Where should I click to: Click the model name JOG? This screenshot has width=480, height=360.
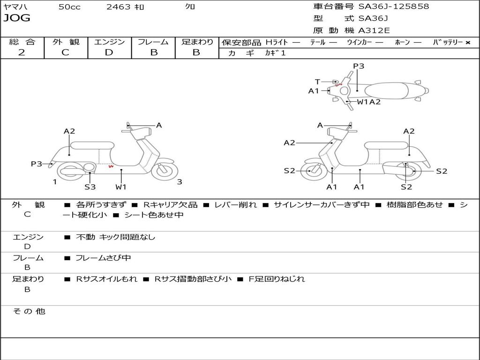coord(17,18)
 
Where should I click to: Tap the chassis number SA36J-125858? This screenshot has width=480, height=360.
coord(394,7)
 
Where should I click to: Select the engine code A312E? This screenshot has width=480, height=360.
coord(374,30)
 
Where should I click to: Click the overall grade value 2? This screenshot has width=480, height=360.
coord(22,52)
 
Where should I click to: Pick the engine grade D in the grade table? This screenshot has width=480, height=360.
coord(109,52)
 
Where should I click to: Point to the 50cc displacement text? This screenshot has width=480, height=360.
coord(69,7)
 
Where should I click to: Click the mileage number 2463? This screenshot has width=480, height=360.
coord(119,7)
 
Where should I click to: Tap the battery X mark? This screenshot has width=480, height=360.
coord(468,43)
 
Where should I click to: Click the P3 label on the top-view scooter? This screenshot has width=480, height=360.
coord(359,66)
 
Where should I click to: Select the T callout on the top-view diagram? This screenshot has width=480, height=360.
coord(317,82)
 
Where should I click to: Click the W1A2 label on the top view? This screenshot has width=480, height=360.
coord(368,102)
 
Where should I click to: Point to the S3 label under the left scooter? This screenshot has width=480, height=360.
coord(90,187)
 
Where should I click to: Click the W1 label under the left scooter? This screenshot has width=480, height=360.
coord(120,187)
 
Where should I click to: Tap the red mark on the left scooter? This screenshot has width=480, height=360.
coord(111,166)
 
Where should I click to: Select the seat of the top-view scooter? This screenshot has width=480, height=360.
coord(387,91)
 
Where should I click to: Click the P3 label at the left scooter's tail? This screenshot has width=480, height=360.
coord(37,164)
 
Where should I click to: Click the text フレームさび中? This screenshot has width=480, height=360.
coord(103,258)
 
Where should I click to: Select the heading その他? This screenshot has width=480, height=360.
coord(29,311)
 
